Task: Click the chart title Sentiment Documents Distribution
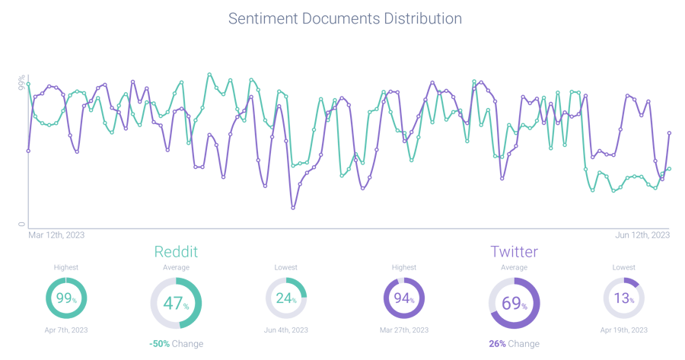(345, 18)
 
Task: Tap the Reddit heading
(176, 251)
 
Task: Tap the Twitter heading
(514, 251)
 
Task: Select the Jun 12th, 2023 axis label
(642, 235)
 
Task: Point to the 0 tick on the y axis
(22, 224)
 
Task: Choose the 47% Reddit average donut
(176, 304)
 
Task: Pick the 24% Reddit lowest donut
(285, 298)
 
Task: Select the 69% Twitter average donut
(514, 304)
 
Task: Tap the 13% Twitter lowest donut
(623, 298)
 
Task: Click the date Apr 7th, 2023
(66, 330)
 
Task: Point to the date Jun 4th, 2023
(285, 330)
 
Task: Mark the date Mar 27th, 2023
(403, 330)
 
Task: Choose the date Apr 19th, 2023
(623, 330)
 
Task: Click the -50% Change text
(176, 344)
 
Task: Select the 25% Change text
(514, 344)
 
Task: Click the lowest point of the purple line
(292, 207)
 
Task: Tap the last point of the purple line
(669, 133)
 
